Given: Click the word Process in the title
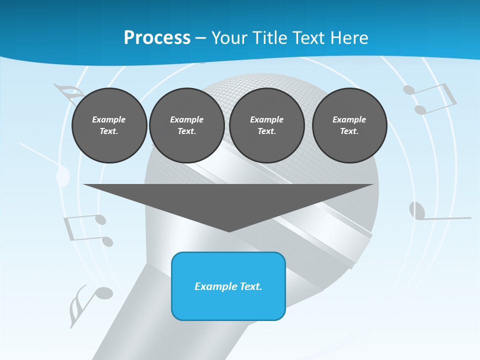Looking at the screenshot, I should pos(157,38).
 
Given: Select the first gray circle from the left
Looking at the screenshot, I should pos(109,125).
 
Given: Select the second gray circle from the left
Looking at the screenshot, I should pos(187,125).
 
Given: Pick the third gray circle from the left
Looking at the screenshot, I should pos(267,125).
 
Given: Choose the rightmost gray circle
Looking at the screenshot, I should pos(349,125).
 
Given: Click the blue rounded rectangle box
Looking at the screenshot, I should pos(228,286).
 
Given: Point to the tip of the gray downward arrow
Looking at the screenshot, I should pos(229,230).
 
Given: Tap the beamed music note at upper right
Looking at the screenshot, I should pos(430,98).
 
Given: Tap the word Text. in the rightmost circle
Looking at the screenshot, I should pos(349,131).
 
